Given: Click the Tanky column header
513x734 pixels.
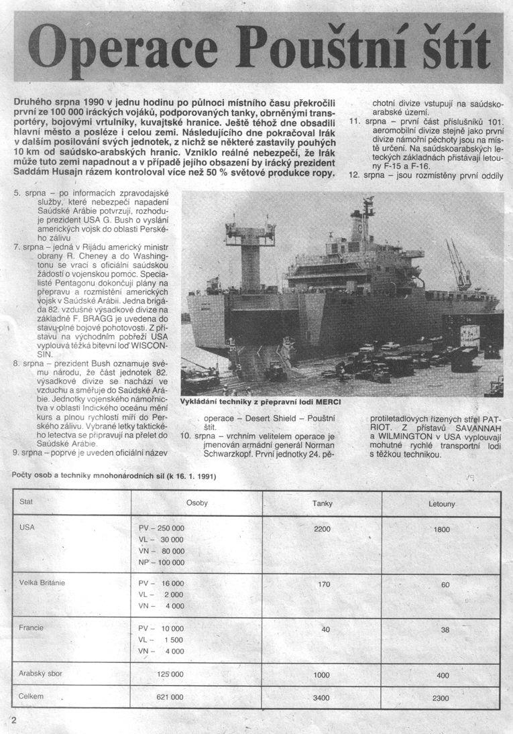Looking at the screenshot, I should tap(323, 503).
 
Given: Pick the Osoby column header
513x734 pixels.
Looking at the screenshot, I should tap(196, 503).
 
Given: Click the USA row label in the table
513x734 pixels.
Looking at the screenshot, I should tap(27, 528).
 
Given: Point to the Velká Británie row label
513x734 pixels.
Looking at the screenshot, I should tap(43, 583).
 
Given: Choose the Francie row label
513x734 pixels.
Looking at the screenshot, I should tap(32, 628).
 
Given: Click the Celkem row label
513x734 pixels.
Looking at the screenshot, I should tap(32, 696).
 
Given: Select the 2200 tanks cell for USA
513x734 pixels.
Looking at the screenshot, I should tap(323, 529).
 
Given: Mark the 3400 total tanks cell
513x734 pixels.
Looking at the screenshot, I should tap(321, 698).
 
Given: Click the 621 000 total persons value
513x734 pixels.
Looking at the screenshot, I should tap(170, 698).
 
